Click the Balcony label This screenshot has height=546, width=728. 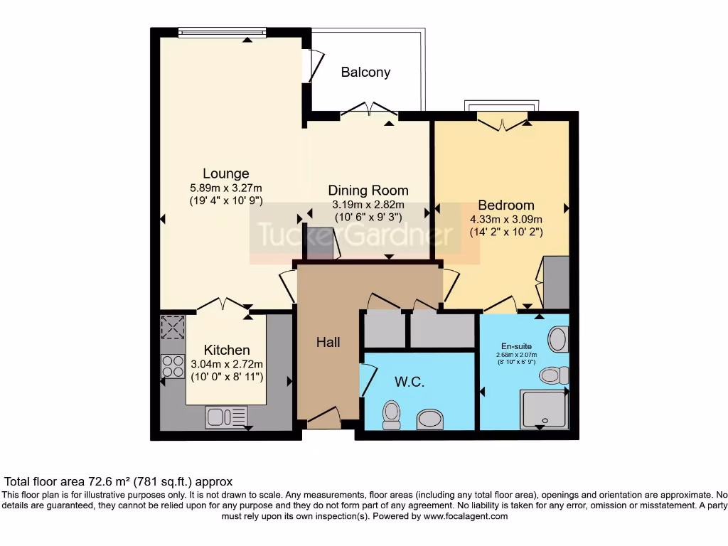pyautogui.click(x=365, y=72)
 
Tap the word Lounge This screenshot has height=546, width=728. pyautogui.click(x=226, y=173)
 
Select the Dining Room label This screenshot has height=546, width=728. pyautogui.click(x=368, y=190)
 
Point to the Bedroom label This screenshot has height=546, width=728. pyautogui.click(x=506, y=205)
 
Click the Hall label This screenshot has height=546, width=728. pyautogui.click(x=328, y=342)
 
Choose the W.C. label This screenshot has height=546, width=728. pyautogui.click(x=409, y=382)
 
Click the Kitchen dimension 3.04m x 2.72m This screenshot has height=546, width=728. pyautogui.click(x=227, y=364)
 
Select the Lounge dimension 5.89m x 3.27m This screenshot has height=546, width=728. pyautogui.click(x=226, y=188)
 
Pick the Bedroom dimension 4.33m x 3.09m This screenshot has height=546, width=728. pyautogui.click(x=506, y=219)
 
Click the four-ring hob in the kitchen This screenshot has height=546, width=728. pyautogui.click(x=173, y=366)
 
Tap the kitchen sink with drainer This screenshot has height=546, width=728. pyautogui.click(x=226, y=417)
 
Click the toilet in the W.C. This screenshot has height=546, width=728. pyautogui.click(x=391, y=415)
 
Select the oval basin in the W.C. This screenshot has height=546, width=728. pyautogui.click(x=430, y=419)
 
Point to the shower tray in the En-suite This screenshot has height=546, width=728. pyautogui.click(x=544, y=409)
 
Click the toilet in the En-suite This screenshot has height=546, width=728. pyautogui.click(x=554, y=375)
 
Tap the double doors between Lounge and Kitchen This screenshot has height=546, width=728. pyautogui.click(x=223, y=306)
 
